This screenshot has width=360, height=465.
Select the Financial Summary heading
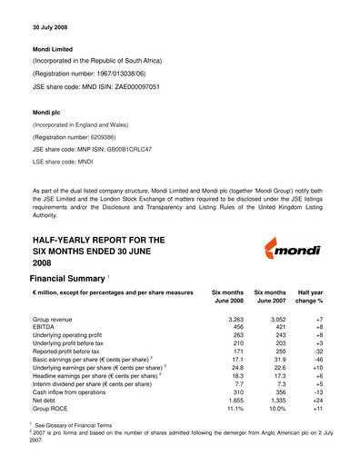click(x=67, y=275)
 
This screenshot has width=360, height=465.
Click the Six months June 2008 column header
click(x=226, y=297)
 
